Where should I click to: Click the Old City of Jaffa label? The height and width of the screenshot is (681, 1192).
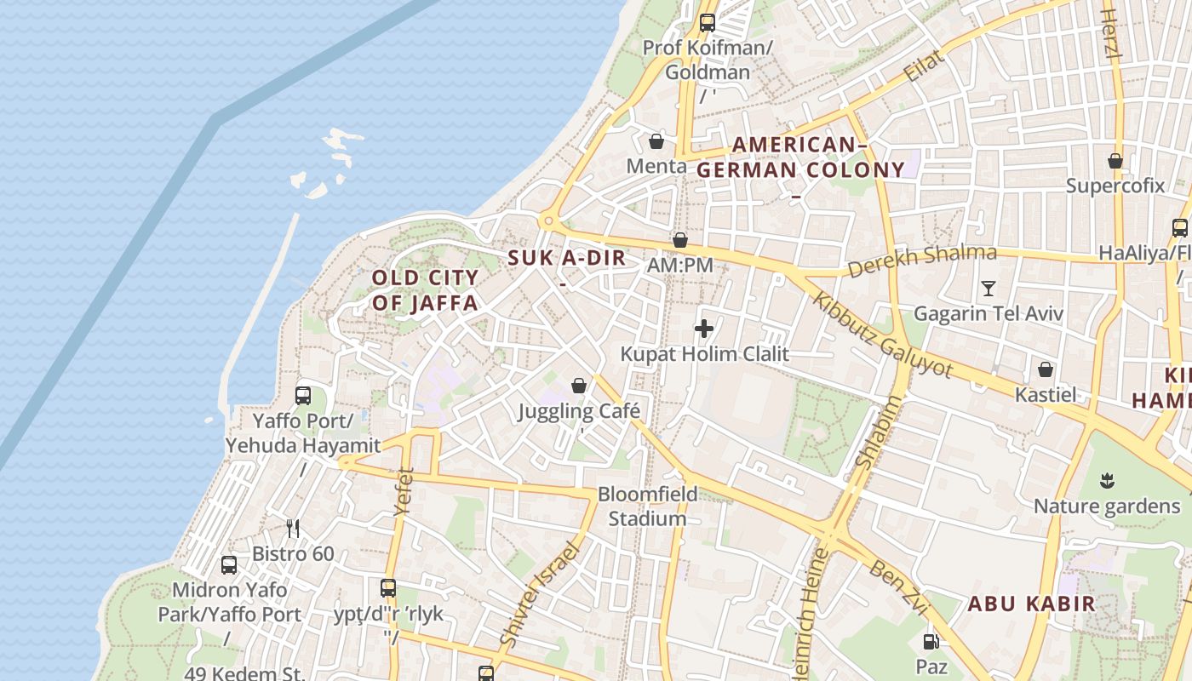click(x=426, y=290)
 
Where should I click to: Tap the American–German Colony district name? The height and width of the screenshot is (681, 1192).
click(x=800, y=157)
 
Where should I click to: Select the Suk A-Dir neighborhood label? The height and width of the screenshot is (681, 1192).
click(x=567, y=259)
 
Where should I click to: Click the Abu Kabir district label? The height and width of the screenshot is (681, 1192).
click(x=1031, y=604)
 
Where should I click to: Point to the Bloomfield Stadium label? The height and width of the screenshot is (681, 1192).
click(x=647, y=506)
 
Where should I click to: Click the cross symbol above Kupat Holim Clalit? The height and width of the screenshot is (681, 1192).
click(x=704, y=328)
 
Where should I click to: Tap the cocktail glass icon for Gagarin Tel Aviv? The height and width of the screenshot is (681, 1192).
click(x=988, y=289)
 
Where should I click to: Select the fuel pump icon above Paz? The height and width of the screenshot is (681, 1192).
click(x=931, y=641)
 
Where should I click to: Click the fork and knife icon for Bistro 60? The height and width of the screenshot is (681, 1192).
click(x=293, y=529)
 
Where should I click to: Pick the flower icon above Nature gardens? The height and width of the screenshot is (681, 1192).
click(x=1107, y=481)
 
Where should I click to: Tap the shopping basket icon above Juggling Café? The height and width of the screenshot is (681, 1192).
click(x=579, y=386)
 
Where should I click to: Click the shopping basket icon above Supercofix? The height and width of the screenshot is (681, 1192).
click(x=1115, y=160)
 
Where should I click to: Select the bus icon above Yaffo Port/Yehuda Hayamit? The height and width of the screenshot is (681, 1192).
click(x=302, y=395)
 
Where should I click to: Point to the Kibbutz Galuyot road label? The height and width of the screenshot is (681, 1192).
click(x=882, y=335)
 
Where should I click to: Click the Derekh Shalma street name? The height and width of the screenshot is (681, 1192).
click(x=922, y=260)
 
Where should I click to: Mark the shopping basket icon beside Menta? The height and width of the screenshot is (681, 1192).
click(x=656, y=140)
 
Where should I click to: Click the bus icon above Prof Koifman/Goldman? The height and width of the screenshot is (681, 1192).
click(x=707, y=23)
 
